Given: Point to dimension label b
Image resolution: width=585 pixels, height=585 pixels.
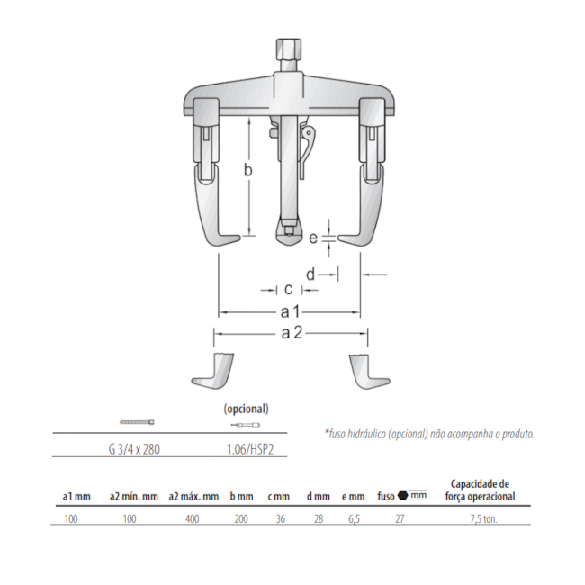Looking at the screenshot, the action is point(248,170).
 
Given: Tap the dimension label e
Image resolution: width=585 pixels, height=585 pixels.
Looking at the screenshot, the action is point(313,238).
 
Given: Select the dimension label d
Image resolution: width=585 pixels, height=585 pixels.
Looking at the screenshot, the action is point(310,274).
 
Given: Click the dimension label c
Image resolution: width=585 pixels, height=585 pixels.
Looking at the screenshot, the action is point(288,289).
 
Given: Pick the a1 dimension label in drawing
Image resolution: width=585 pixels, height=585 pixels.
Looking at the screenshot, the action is point(291,311).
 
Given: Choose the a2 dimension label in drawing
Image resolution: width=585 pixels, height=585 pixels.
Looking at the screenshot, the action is point(292,332).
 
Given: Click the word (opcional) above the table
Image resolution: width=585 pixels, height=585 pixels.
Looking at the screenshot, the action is point(247,409).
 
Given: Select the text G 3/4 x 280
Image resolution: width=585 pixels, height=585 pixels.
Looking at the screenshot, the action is point(134,449).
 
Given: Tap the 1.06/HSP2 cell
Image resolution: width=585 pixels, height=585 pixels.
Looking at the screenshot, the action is point(250,449).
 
